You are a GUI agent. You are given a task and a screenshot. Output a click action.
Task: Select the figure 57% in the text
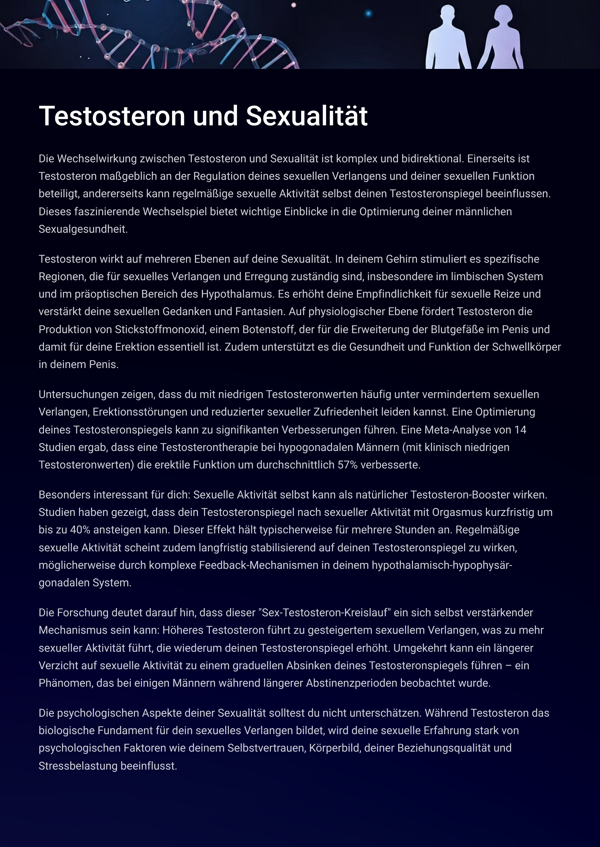pos(347,465)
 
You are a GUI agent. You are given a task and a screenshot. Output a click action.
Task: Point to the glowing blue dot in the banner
pos(368,14)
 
